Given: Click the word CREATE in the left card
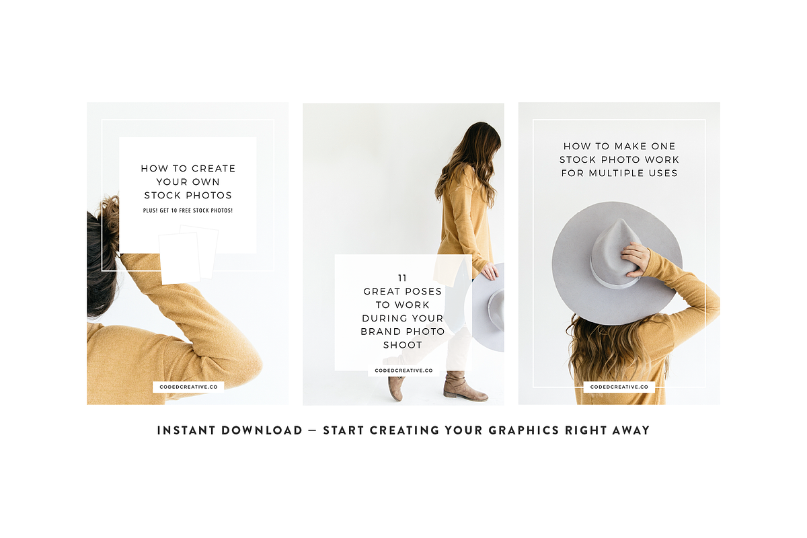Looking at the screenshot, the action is (215, 169).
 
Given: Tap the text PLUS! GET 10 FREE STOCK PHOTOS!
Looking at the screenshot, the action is (188, 210).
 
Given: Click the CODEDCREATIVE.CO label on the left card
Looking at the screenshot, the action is (188, 387).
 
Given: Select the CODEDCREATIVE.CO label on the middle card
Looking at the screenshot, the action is (403, 371).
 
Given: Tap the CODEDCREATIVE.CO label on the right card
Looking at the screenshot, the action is (619, 387).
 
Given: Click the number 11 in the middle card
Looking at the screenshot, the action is (402, 278).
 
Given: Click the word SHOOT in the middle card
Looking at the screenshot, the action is (402, 345).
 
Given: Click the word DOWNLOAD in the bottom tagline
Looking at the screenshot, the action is (262, 430).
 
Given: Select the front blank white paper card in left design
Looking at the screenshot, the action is (180, 258).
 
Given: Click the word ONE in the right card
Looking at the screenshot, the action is (663, 147).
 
